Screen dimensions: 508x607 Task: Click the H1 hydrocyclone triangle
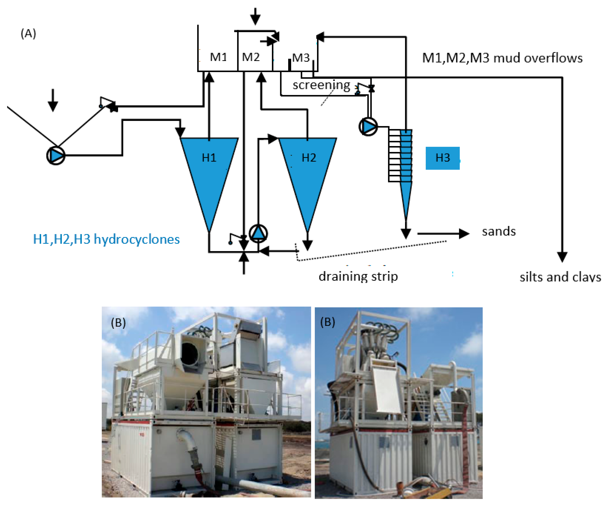pyautogui.click(x=209, y=173)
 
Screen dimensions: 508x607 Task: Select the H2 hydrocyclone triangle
pyautogui.click(x=307, y=173)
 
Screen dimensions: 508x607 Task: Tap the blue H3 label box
pyautogui.click(x=442, y=158)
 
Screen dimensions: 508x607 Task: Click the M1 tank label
pyautogui.click(x=218, y=57)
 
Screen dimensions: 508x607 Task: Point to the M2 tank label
pyautogui.click(x=251, y=57)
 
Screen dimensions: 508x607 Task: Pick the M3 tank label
pyautogui.click(x=301, y=58)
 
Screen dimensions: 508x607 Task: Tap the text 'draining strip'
pyautogui.click(x=358, y=276)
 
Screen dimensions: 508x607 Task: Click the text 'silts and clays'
pyautogui.click(x=560, y=277)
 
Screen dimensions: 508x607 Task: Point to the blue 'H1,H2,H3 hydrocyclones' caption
pyautogui.click(x=106, y=239)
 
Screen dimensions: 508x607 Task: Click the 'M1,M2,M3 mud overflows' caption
pyautogui.click(x=502, y=58)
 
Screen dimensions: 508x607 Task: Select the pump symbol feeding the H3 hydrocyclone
pyautogui.click(x=368, y=126)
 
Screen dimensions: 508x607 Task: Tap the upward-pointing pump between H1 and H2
pyautogui.click(x=258, y=233)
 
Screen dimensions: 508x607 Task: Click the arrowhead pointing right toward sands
pyautogui.click(x=463, y=233)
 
